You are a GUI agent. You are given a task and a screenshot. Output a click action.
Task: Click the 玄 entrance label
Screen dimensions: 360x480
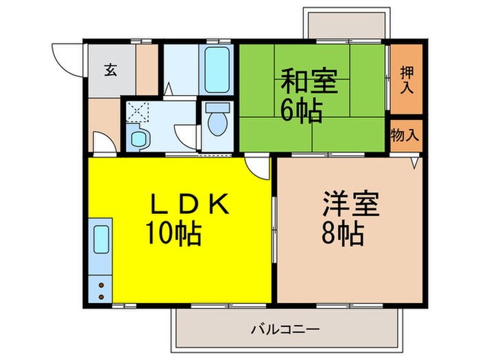[x=110, y=69]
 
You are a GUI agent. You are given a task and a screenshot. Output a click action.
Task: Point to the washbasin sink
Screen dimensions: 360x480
[x=139, y=137]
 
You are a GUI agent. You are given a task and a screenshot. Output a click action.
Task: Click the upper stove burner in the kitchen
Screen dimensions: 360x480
[x=100, y=283]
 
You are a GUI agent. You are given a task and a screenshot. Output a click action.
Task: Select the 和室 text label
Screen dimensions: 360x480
[x=308, y=82]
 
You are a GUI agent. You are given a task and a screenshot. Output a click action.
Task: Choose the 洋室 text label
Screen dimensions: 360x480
[x=352, y=204]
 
